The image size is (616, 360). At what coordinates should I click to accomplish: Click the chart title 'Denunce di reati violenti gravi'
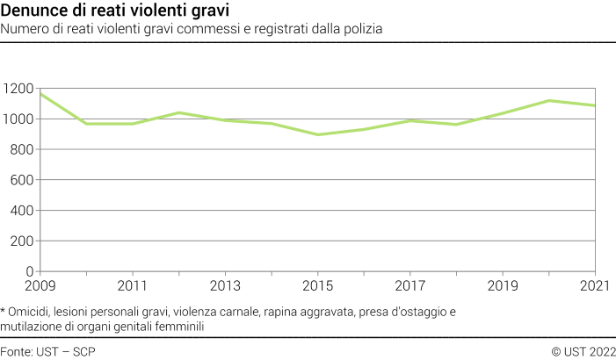point(115,11)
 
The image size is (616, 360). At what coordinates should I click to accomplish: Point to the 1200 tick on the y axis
point(18,89)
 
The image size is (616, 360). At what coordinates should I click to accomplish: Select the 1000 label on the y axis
point(18,119)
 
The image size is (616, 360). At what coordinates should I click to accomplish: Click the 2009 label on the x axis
point(40,286)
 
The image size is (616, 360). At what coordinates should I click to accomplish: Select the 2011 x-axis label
point(133,286)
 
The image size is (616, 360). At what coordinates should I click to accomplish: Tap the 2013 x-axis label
point(225,286)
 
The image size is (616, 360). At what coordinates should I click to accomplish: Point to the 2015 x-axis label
point(318,286)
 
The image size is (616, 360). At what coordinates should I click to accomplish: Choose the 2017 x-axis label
point(410,286)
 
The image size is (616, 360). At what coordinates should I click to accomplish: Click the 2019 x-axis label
point(503,286)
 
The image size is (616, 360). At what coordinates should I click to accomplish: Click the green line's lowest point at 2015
point(318,134)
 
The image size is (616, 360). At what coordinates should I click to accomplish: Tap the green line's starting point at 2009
point(40,94)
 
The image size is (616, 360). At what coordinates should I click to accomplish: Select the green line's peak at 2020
point(549,100)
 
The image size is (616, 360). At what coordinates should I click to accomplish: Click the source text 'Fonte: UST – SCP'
point(48,351)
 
